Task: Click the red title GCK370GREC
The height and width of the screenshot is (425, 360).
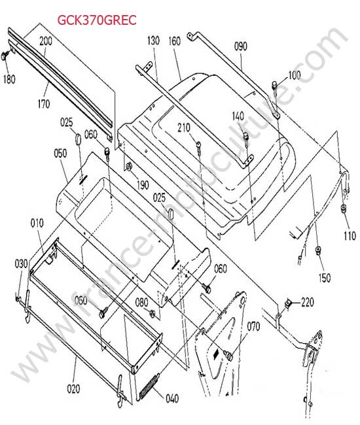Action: pos(97,20)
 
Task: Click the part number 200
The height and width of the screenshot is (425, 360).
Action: pos(46,41)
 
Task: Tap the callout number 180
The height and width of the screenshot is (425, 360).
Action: pos(9,79)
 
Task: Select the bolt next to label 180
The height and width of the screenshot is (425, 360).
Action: pos(5,56)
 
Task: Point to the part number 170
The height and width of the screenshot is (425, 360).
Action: pos(44,104)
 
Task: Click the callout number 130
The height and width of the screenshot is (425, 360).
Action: pos(153,41)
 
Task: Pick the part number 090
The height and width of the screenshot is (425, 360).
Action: pos(241,46)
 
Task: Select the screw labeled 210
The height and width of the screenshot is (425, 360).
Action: pos(199,148)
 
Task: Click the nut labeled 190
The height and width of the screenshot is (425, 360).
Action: pos(128,166)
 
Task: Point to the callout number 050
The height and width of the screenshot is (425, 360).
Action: pos(60,154)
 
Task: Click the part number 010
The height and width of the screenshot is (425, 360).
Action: pos(37,224)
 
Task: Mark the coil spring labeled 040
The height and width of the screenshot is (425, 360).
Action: pos(149,386)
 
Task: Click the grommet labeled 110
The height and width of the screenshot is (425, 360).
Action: pos(344,209)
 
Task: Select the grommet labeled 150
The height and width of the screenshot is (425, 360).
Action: pos(317,250)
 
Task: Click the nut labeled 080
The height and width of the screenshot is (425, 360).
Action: pos(153,314)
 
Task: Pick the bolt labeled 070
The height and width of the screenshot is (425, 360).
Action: pos(228,355)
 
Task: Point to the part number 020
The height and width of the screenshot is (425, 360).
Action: pos(73,388)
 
